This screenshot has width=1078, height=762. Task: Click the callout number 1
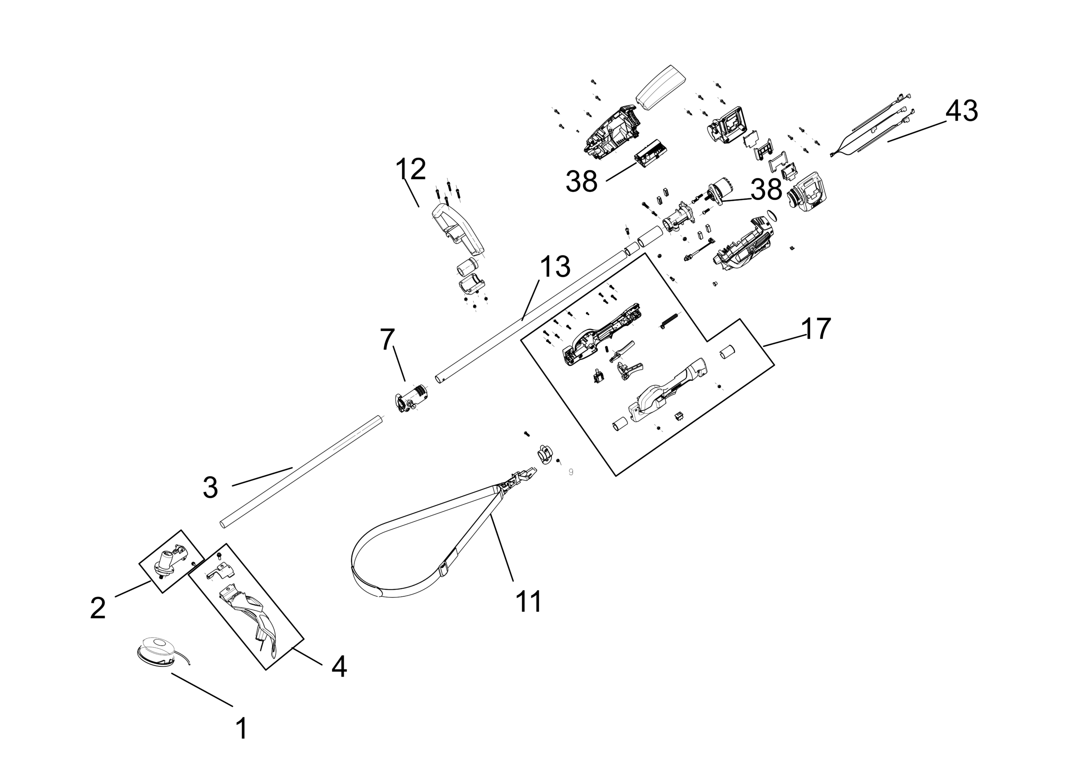(241, 728)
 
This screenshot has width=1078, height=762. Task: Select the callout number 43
(961, 111)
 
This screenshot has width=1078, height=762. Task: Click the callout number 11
(528, 601)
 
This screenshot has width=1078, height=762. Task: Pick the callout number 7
(387, 339)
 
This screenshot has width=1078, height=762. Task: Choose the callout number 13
(555, 267)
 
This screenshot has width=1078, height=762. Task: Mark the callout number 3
(211, 487)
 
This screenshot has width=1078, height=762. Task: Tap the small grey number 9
(571, 472)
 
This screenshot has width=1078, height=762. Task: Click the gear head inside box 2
(168, 563)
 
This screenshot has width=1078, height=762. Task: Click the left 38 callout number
(581, 181)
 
